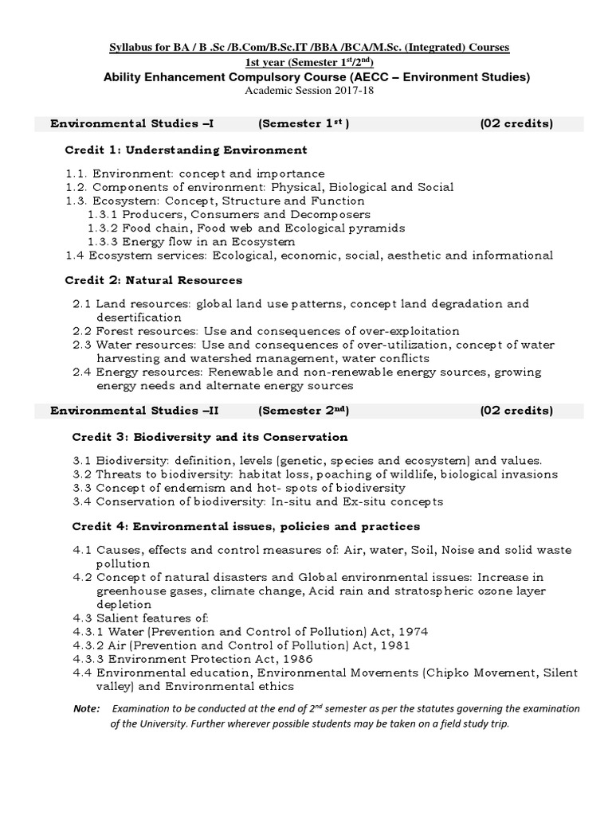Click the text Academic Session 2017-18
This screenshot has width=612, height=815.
308,90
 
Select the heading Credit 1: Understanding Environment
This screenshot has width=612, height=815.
186,150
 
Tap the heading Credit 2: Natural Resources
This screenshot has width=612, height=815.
153,281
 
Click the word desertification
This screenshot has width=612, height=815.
139,318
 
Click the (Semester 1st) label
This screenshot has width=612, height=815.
303,123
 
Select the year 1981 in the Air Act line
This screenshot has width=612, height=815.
394,645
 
